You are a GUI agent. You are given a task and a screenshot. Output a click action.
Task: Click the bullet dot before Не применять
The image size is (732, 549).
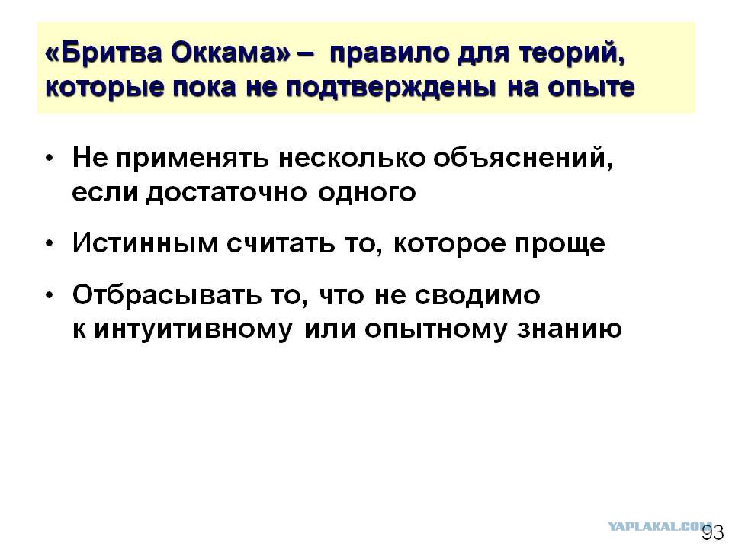coord(50,159)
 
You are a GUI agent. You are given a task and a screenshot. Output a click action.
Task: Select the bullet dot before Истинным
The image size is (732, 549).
coord(50,244)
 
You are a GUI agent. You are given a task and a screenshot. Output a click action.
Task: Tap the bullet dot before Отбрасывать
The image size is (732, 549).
coord(50,295)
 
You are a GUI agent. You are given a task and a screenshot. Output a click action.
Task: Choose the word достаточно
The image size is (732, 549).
coord(226,192)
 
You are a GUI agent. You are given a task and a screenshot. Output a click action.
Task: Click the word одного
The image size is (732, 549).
coord(367,192)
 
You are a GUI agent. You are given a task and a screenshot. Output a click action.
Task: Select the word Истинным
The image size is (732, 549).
coord(145,243)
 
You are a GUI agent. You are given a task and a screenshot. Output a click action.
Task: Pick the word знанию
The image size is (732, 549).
coord(569,329)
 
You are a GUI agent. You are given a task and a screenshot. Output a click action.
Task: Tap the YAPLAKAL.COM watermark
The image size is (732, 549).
coord(659,526)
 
